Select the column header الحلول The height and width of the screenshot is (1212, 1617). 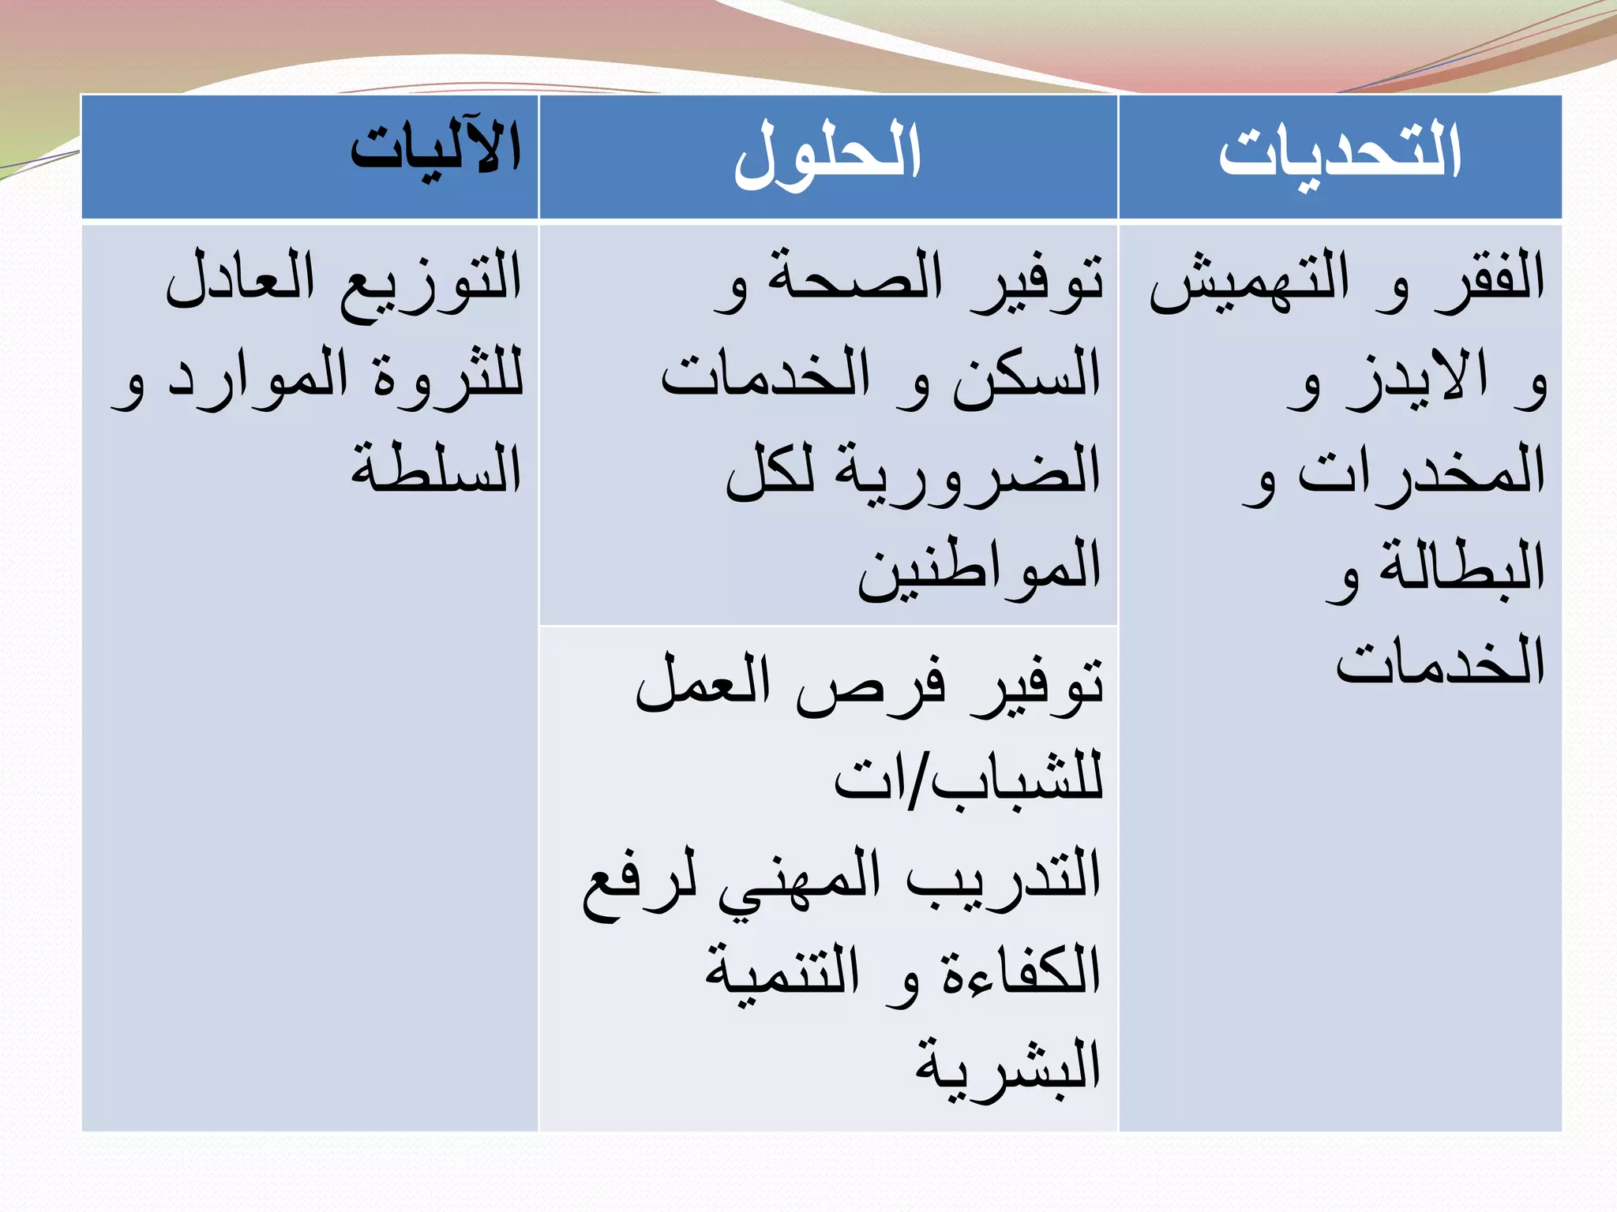coord(827,154)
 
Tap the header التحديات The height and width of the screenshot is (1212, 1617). coord(1340,151)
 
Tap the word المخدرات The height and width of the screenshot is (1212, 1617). coord(1421,472)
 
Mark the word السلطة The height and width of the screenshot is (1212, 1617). coord(436,469)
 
